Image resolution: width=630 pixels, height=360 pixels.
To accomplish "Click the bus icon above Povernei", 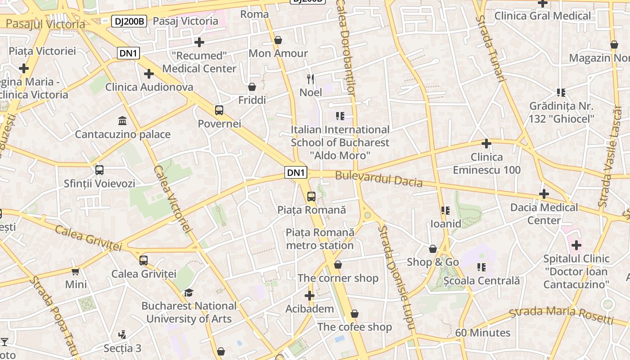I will pos(219,110).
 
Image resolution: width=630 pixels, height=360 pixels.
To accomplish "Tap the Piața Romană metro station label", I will pos(320,239).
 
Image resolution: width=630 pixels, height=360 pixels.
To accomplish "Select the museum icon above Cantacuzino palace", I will pos(122,121).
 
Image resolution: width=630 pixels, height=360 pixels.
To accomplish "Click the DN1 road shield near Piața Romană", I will pos(296,172).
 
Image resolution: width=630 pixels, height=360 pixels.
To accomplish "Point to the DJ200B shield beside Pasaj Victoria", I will pos(129,21).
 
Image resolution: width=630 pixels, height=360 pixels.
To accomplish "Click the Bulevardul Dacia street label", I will pos(379,179).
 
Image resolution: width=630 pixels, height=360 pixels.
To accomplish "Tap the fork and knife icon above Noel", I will pos(310,79).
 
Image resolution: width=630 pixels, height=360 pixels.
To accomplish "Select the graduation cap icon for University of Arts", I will pos(189,293).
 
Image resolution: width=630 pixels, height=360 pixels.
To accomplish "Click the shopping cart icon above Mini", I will pos(76,271).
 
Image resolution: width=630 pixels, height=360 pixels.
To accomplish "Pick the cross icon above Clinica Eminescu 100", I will pos(486,144).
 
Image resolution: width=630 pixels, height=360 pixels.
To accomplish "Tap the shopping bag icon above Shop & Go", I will pos(433,249).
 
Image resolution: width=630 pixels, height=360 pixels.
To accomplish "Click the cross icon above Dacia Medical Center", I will pos(544,194).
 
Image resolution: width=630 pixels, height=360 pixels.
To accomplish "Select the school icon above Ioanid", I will pos(445,211).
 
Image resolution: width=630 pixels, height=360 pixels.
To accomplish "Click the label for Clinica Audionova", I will pos(149,87).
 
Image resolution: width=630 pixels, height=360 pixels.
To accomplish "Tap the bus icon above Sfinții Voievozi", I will pos(99,171).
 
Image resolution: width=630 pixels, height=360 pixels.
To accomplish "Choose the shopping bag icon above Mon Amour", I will pos(278,40).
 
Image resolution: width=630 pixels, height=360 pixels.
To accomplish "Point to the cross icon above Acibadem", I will pos(309,296).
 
